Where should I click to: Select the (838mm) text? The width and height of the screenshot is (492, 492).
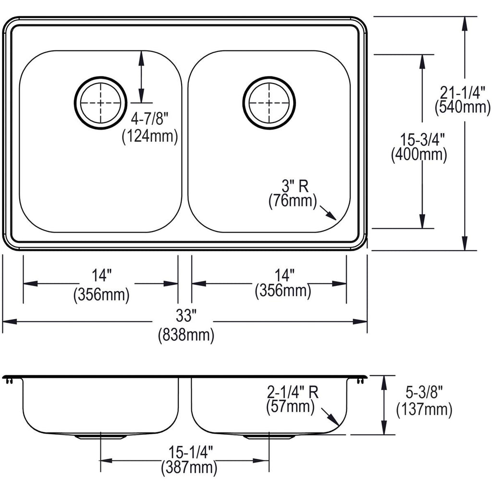(x=186, y=335)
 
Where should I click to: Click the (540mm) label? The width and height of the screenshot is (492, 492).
(x=463, y=107)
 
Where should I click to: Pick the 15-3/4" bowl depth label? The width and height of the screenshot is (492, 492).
(x=420, y=140)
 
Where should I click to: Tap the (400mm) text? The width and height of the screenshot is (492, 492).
(x=419, y=155)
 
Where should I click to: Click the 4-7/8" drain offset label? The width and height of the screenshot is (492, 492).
(x=150, y=119)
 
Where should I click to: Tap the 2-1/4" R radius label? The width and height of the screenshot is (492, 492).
(x=293, y=392)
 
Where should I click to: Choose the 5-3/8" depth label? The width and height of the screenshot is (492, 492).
(x=424, y=392)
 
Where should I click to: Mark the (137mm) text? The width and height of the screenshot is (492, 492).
(x=424, y=410)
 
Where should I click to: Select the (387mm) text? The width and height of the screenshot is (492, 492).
(x=189, y=468)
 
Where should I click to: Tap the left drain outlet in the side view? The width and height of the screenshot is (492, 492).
(x=101, y=436)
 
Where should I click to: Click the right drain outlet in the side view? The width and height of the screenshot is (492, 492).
(x=269, y=436)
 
